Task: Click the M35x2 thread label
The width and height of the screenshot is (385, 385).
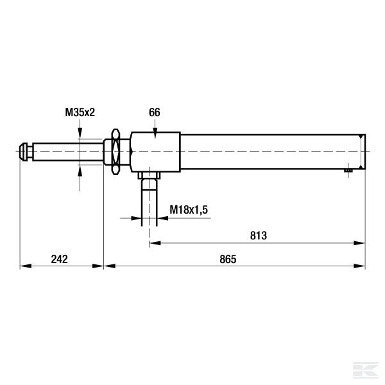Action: [x=80, y=112]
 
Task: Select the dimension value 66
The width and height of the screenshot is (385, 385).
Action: [x=155, y=112]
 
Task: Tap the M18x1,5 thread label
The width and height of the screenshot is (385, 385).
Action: [x=189, y=210]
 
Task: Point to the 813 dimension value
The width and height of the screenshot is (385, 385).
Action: [x=258, y=235]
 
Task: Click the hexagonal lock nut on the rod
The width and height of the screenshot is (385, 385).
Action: [x=116, y=151]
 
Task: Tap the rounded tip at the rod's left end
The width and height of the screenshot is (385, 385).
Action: [x=26, y=151]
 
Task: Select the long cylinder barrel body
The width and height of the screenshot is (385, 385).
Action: [x=269, y=151]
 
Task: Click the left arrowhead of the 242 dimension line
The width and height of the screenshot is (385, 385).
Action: [x=24, y=265]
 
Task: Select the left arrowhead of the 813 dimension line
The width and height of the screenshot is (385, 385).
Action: [x=153, y=243]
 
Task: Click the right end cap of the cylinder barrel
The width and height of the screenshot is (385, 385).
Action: [x=363, y=151]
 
